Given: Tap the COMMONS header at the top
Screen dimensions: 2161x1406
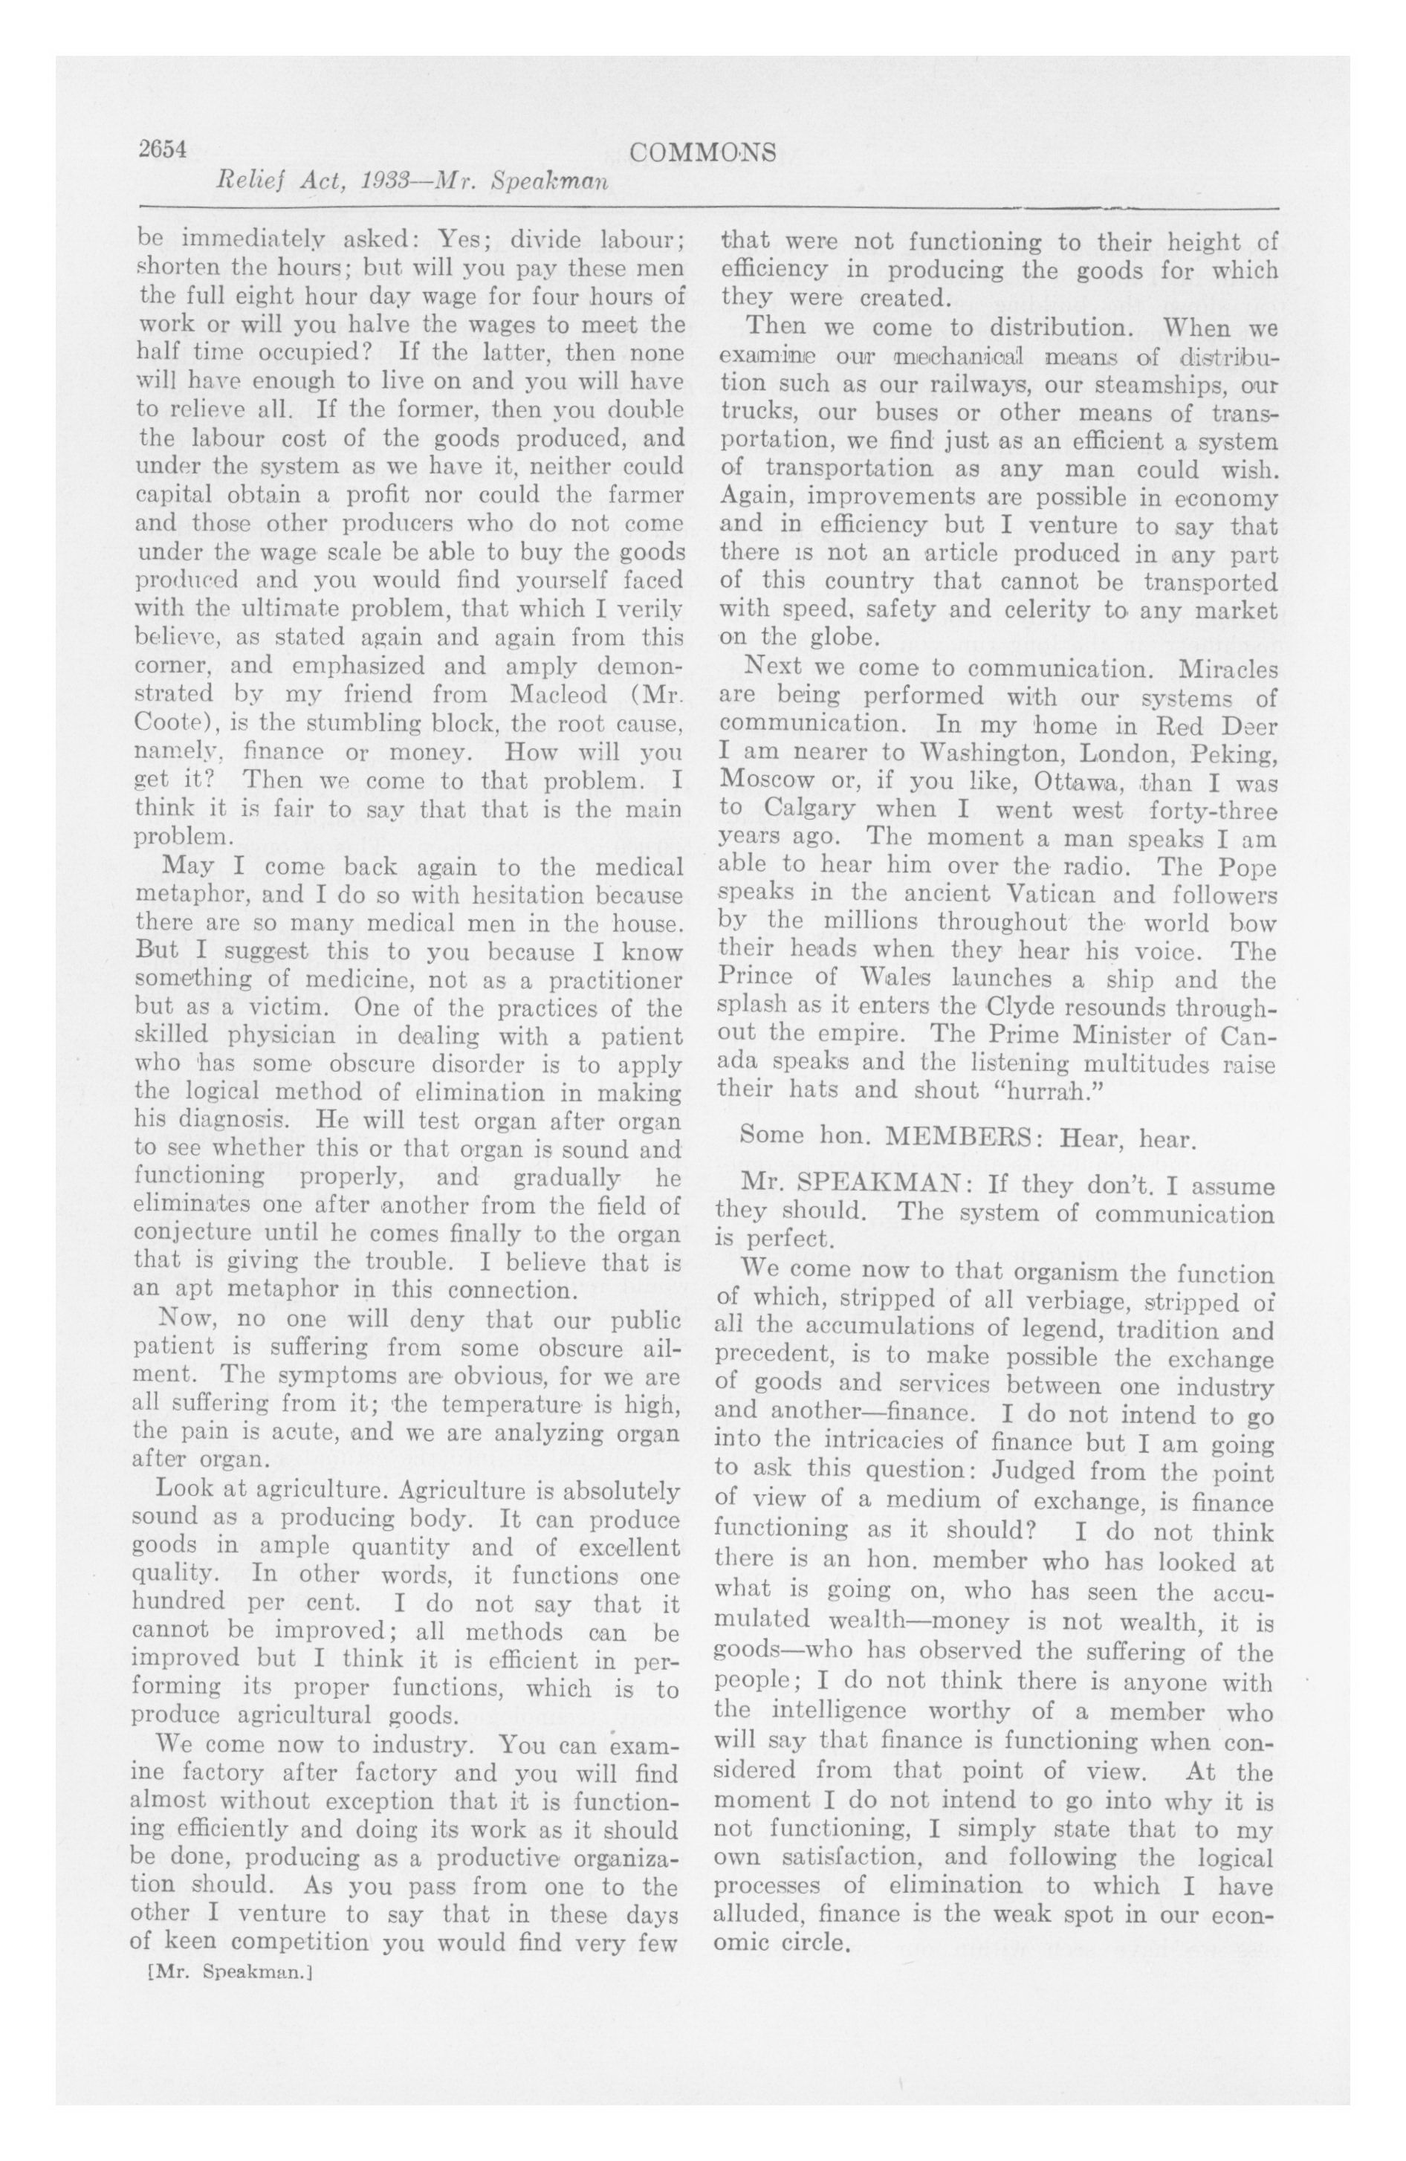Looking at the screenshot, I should [x=702, y=152].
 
